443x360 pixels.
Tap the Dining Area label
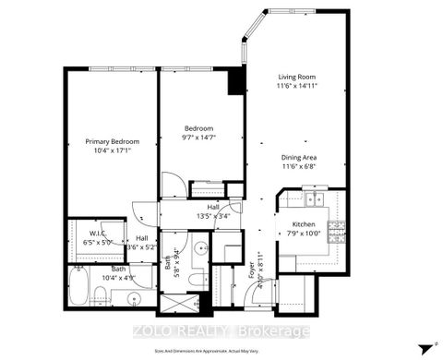tap(300, 157)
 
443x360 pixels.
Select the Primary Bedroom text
tap(111, 141)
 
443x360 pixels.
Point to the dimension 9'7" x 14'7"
tap(199, 138)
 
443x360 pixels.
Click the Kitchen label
tap(305, 224)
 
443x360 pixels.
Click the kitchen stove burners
tap(340, 229)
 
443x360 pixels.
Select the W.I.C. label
tap(101, 234)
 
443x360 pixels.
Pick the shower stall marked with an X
tap(174, 304)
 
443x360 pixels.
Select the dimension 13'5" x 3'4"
tap(212, 217)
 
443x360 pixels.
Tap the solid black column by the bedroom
tap(237, 82)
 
